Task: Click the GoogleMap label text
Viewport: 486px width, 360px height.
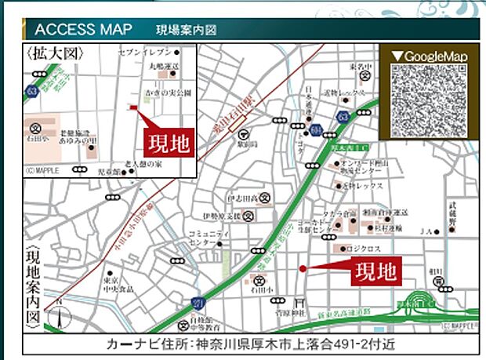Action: [x=428, y=56]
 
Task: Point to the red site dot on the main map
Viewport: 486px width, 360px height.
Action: [x=302, y=269]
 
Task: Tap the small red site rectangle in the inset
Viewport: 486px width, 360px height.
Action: [x=133, y=107]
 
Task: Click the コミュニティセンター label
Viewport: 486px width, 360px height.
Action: [x=207, y=238]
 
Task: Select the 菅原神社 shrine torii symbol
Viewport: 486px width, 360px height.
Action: [x=295, y=303]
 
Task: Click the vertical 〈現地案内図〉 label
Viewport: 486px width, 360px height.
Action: [x=32, y=285]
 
